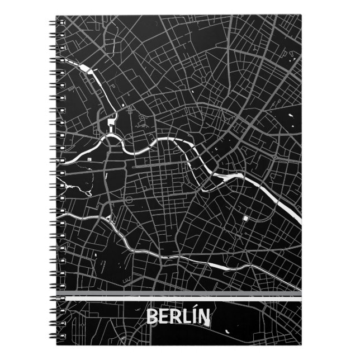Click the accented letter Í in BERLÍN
click(x=196, y=318)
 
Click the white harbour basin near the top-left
click(x=88, y=69)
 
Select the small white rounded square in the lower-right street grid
click(x=245, y=216)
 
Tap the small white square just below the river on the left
click(x=89, y=160)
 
